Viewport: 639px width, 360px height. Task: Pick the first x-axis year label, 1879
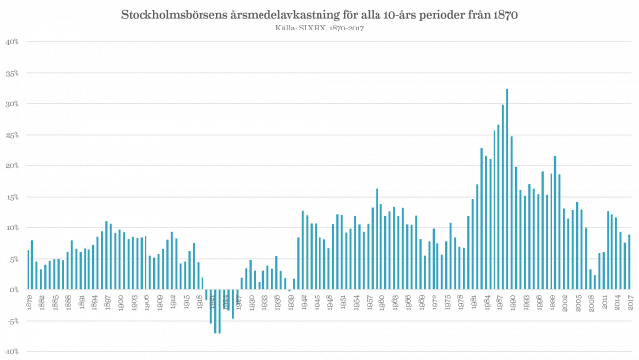point(28,300)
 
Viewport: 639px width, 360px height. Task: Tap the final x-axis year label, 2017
point(629,300)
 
